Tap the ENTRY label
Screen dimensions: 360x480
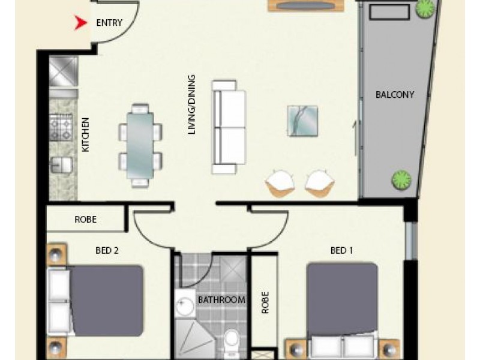coord(109,23)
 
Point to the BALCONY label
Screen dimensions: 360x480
coord(394,95)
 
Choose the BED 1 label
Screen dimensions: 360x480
coord(341,251)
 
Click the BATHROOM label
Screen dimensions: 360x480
coord(221,300)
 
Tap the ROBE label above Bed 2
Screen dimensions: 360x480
coord(85,220)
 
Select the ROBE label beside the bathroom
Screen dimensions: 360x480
coord(265,303)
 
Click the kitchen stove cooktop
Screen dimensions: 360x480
coord(61,127)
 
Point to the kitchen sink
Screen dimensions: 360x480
coord(61,164)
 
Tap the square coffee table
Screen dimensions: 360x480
coord(302,121)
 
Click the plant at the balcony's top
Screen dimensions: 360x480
coord(426,9)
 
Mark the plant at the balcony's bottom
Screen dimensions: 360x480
coord(401,178)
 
